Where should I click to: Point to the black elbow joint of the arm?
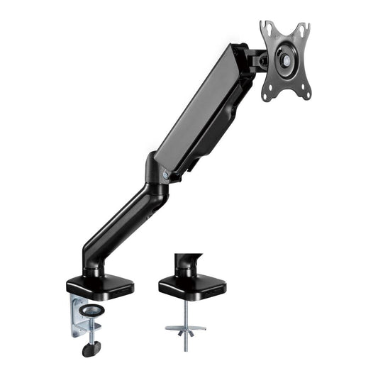coord(157,177)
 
